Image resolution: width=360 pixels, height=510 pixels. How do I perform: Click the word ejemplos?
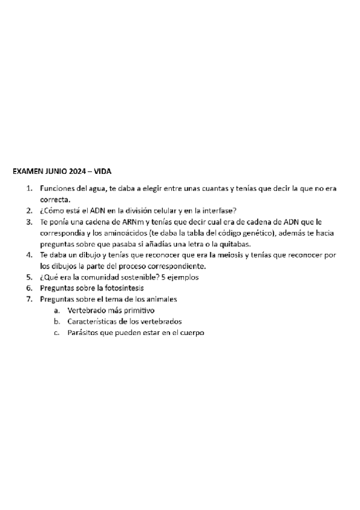[183, 277]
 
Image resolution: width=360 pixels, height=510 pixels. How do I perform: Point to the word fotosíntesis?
[121, 288]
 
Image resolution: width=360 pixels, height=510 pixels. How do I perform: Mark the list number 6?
[29, 288]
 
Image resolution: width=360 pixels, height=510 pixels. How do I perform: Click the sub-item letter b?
[56, 321]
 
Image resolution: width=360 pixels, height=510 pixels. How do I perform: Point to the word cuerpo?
[192, 333]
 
